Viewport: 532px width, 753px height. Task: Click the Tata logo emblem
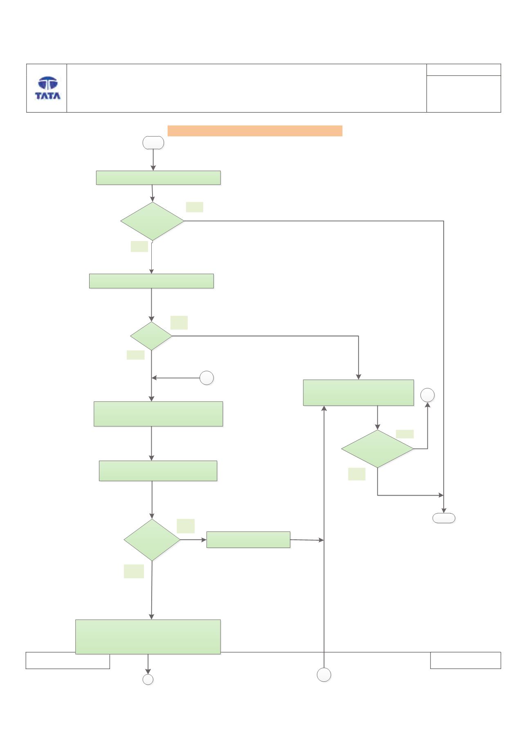[48, 83]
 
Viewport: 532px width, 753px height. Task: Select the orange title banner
[255, 131]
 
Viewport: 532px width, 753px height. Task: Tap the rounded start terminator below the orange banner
[153, 143]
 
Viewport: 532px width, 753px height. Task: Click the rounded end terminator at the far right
[444, 518]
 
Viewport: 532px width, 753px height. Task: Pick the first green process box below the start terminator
[158, 178]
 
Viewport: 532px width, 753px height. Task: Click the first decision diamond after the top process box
[153, 221]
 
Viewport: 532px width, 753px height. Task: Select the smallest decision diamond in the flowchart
[151, 336]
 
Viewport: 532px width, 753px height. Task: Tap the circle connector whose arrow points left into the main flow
[207, 378]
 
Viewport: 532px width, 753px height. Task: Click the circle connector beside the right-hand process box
[428, 395]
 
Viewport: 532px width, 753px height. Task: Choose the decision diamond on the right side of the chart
[377, 449]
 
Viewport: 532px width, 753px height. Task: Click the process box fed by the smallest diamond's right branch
[358, 392]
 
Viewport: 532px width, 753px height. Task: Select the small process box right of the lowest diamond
[248, 539]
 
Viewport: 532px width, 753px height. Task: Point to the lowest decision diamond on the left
[152, 540]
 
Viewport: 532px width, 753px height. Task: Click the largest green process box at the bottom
[148, 636]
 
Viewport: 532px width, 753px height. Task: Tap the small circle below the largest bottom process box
[148, 679]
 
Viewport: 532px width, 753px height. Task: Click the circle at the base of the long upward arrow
[324, 675]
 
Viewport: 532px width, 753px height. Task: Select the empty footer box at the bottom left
[68, 660]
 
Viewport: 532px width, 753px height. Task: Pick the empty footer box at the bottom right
[465, 660]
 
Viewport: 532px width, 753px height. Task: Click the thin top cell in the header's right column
[464, 70]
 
